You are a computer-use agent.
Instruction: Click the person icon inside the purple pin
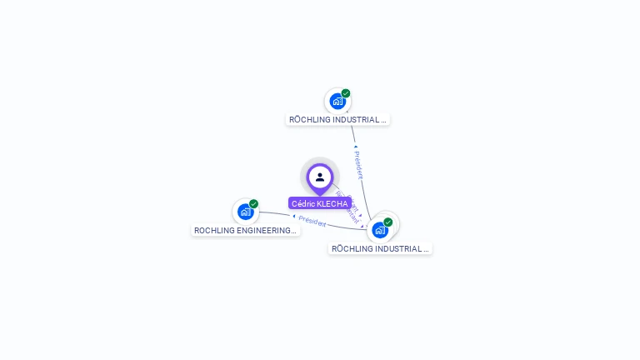coord(320,177)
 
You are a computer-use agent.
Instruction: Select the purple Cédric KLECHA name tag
coord(319,203)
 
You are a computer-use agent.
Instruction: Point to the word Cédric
coord(303,203)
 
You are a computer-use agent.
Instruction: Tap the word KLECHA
coord(332,203)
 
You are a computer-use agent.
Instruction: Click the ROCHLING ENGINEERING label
coord(245,230)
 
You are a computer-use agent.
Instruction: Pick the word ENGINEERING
coord(261,230)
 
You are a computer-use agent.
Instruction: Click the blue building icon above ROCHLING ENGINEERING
coord(245,212)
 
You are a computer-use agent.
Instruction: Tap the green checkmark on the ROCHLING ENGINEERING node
coord(253,204)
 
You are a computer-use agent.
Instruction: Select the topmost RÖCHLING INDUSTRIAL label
coord(337,119)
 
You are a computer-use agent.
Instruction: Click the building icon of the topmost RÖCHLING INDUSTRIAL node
coord(337,102)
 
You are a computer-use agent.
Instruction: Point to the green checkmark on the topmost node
coord(346,93)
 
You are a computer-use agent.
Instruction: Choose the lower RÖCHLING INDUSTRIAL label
coord(380,248)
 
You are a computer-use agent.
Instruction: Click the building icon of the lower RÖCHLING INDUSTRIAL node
coord(380,230)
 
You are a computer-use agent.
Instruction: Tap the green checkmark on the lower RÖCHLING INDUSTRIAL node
coord(388,222)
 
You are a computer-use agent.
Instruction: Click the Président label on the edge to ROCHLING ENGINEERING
coord(312,222)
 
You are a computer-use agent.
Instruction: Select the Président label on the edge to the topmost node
coord(358,165)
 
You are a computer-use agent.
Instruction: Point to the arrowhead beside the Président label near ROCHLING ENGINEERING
coord(294,217)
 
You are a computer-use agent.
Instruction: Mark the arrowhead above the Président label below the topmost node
coord(356,147)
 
